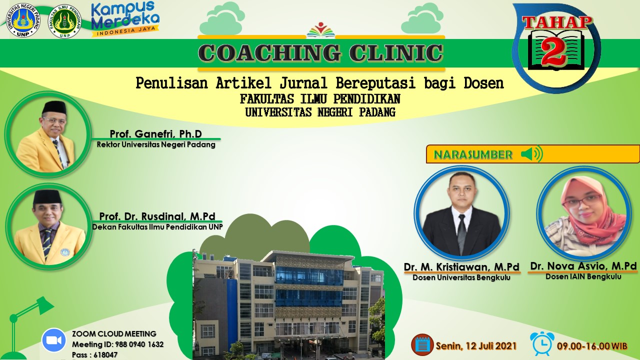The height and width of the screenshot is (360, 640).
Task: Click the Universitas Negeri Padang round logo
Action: pyautogui.click(x=23, y=20)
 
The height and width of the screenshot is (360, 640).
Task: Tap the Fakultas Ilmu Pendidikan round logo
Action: pyautogui.click(x=65, y=21)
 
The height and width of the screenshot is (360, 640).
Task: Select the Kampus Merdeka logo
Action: pyautogui.click(x=125, y=19)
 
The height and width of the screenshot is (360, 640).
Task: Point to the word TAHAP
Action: pyautogui.click(x=557, y=23)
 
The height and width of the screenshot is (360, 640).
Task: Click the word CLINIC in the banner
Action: pyautogui.click(x=395, y=53)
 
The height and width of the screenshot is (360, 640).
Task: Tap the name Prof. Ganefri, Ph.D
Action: pyautogui.click(x=156, y=133)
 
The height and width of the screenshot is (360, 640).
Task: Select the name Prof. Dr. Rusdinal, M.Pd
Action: pyautogui.click(x=157, y=216)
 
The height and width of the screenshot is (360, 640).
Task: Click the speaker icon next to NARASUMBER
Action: pyautogui.click(x=531, y=154)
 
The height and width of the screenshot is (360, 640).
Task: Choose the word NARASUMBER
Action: pyautogui.click(x=473, y=154)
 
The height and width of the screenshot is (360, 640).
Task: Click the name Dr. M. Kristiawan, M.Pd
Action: pyautogui.click(x=461, y=267)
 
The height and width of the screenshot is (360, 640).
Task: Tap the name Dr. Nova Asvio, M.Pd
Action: pyautogui.click(x=583, y=266)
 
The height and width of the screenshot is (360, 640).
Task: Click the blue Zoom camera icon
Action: pyautogui.click(x=53, y=340)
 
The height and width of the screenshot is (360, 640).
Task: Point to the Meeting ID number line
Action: pyautogui.click(x=117, y=344)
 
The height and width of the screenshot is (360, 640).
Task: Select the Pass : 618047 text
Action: pyautogui.click(x=94, y=355)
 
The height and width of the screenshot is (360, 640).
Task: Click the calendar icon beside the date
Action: pyautogui.click(x=422, y=344)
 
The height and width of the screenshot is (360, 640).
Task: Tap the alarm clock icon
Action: pyautogui.click(x=542, y=343)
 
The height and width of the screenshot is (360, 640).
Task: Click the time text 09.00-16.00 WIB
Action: pyautogui.click(x=592, y=346)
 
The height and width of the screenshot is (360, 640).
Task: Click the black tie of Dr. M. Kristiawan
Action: pyautogui.click(x=461, y=233)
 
